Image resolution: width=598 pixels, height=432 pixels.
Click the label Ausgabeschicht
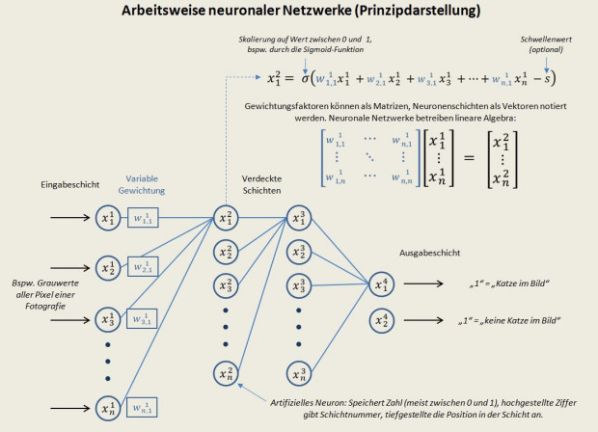[427, 254]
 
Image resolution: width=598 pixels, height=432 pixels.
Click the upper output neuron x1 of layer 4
[380, 283]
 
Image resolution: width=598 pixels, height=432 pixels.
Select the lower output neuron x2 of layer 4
[380, 319]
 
